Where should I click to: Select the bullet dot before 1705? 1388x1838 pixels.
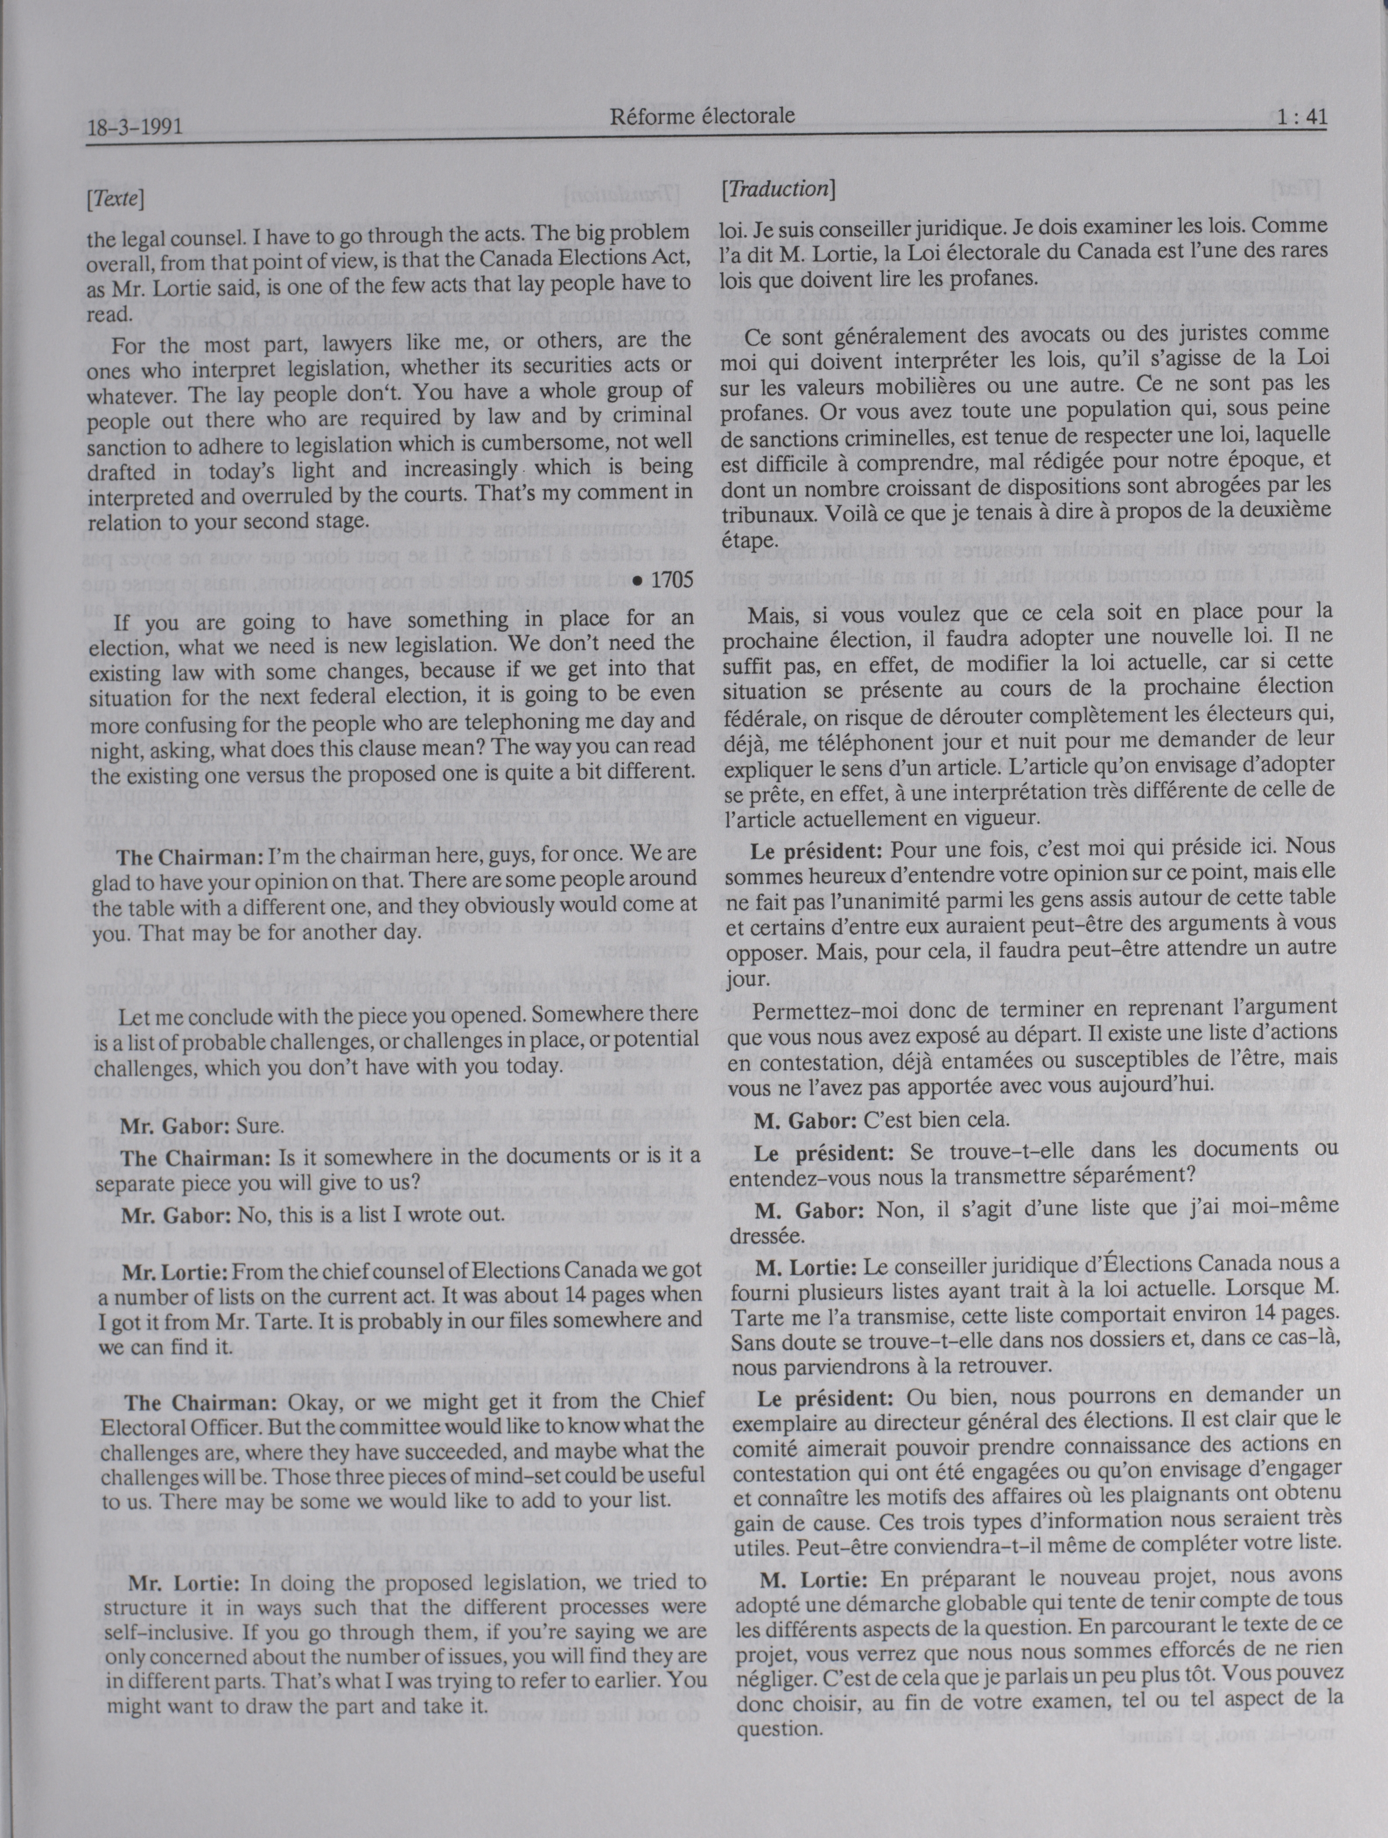(637, 580)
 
